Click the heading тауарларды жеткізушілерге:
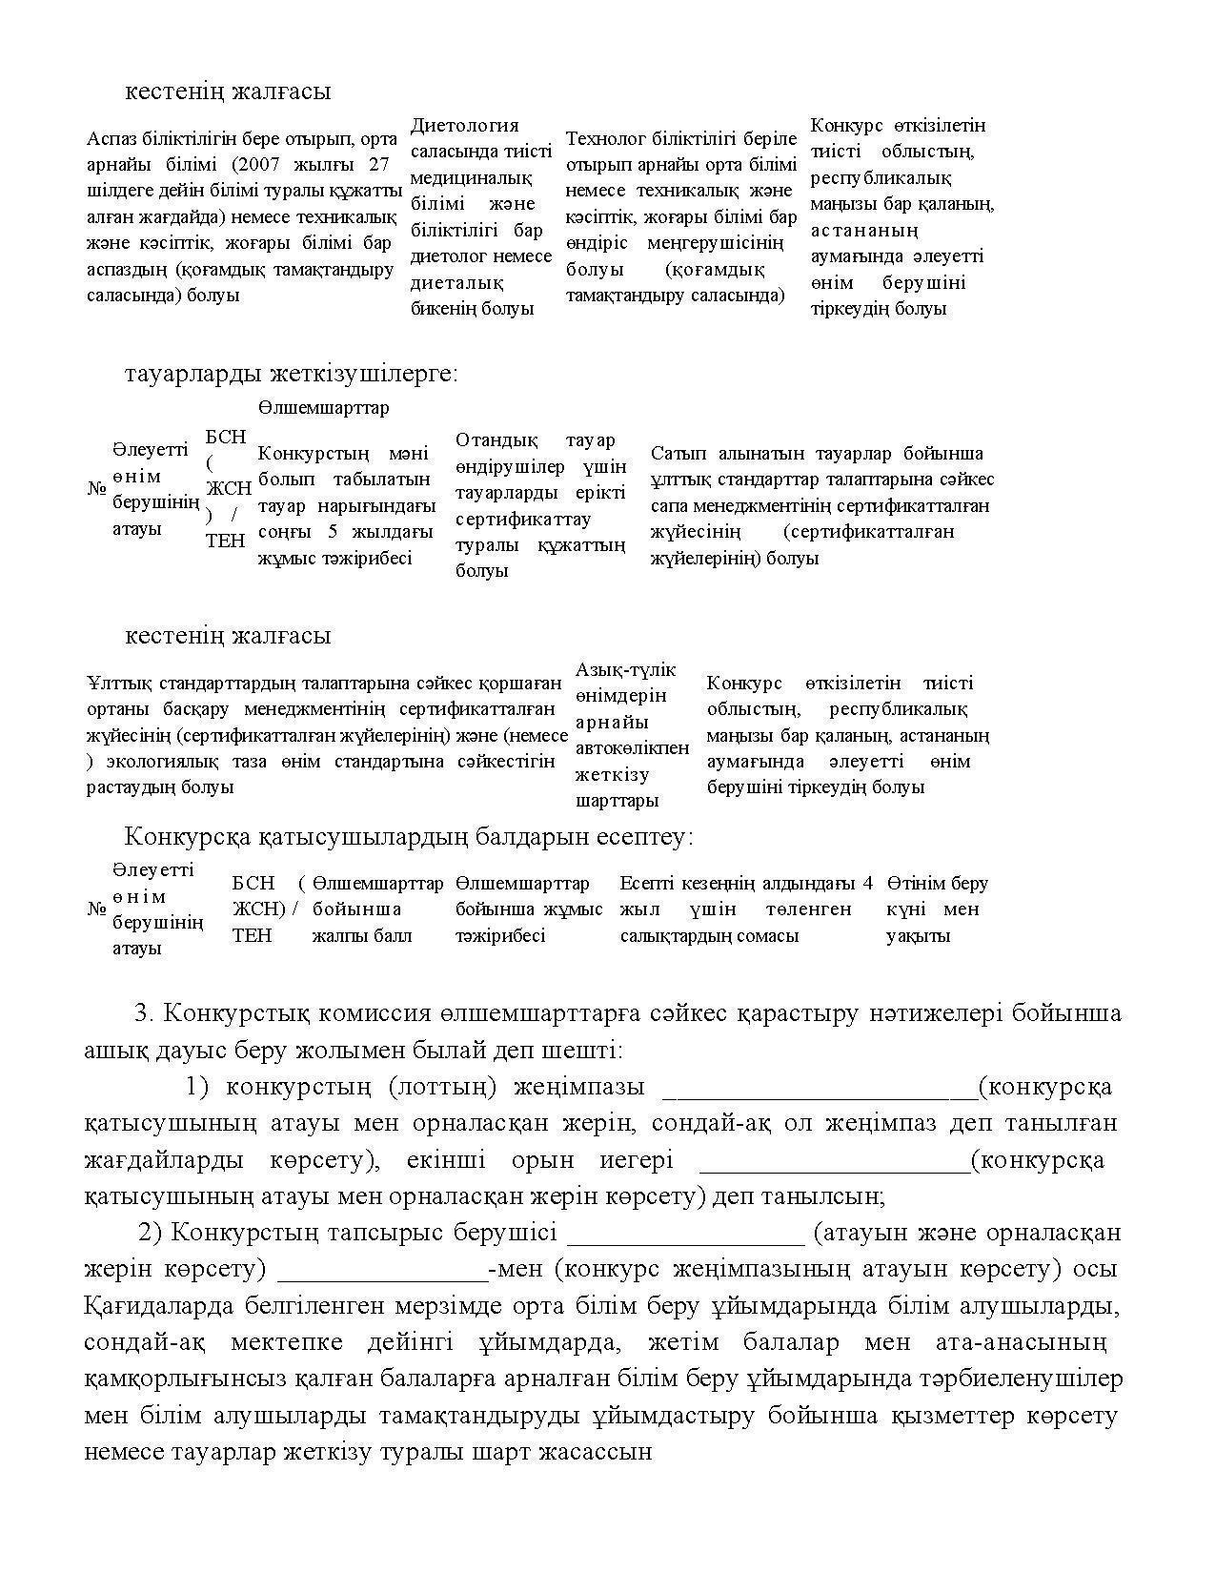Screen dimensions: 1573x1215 click(292, 374)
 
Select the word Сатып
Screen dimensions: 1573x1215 click(678, 454)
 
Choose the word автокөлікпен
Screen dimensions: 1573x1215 click(632, 748)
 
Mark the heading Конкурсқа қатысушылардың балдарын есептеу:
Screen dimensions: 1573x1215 click(409, 837)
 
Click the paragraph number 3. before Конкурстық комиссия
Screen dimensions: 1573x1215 click(145, 1013)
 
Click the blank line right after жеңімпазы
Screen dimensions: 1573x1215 click(819, 1089)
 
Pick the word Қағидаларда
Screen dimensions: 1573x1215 click(145, 1306)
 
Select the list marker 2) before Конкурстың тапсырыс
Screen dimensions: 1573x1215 click(152, 1233)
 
